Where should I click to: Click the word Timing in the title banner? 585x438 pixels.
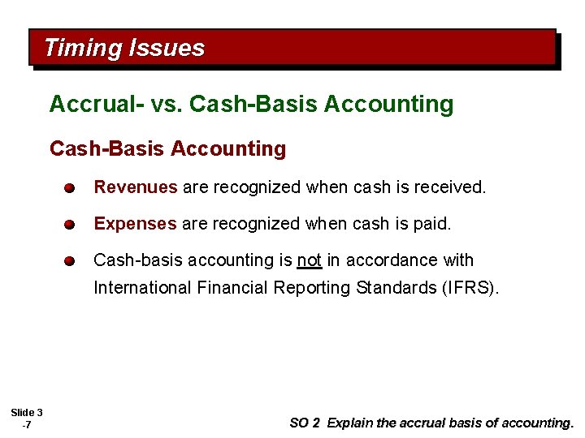[x=81, y=48]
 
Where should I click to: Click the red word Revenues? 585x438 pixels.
[x=135, y=187]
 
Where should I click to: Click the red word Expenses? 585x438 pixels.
[x=135, y=224]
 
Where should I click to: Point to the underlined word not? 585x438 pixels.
[x=309, y=260]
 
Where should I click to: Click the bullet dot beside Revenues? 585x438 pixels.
[x=71, y=188]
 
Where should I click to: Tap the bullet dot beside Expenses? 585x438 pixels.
[x=71, y=225]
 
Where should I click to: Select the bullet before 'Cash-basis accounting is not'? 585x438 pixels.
[x=71, y=261]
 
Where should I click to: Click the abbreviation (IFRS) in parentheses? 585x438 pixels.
[x=471, y=288]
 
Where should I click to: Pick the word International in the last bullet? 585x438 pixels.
[x=143, y=288]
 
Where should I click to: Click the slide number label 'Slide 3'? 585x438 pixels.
[x=27, y=413]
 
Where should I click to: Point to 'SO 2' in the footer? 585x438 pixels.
[x=305, y=423]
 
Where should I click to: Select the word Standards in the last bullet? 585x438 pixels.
[x=393, y=288]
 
